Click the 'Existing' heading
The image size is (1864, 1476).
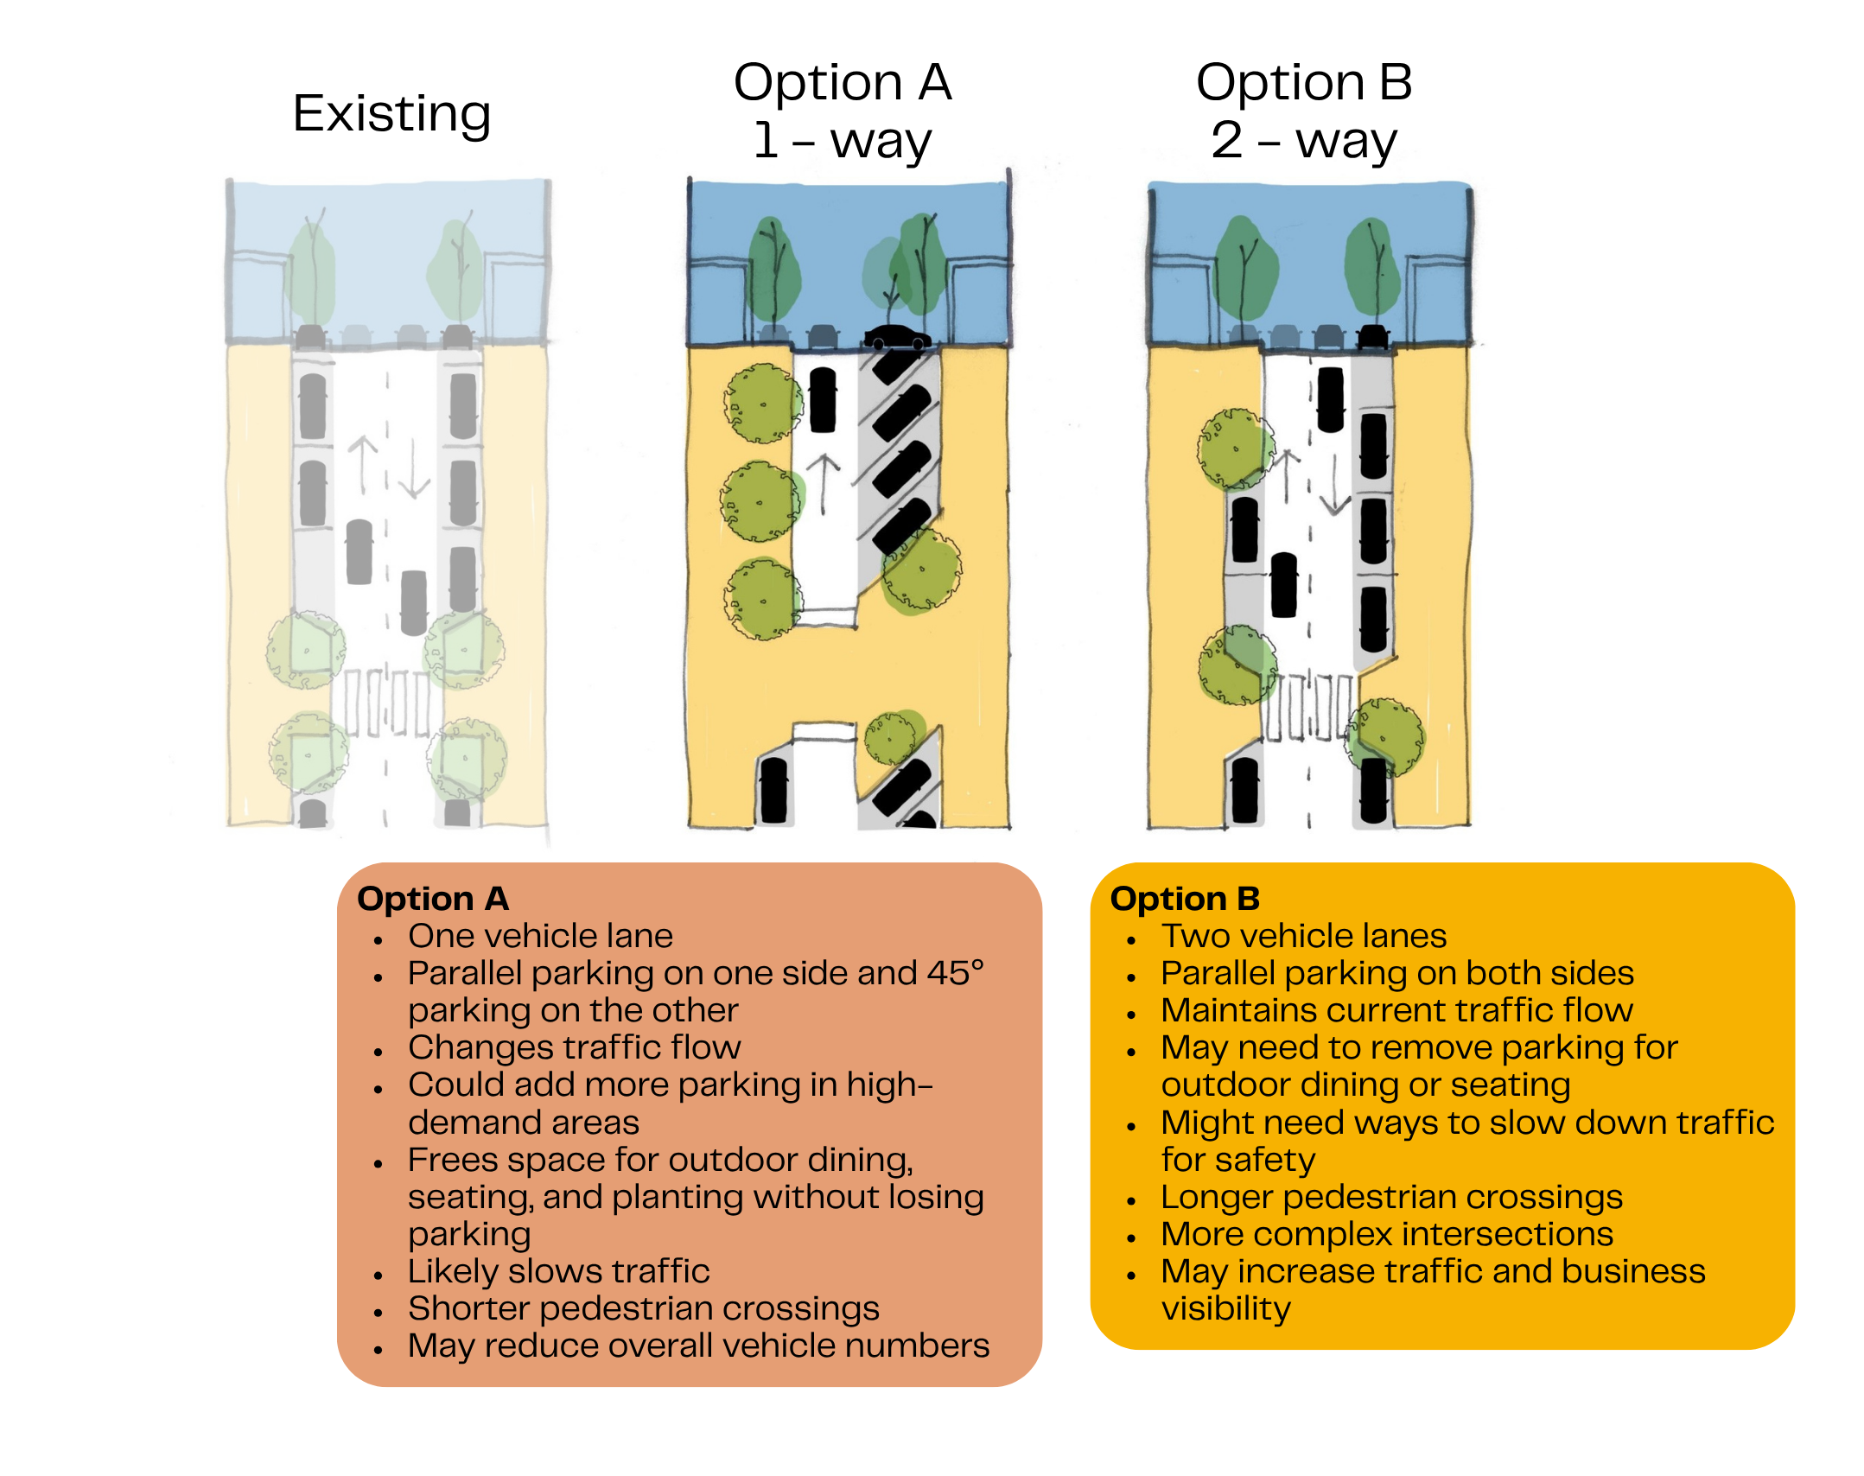[391, 114]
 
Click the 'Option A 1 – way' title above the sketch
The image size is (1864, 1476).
[843, 111]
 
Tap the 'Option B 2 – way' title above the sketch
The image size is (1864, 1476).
[1304, 111]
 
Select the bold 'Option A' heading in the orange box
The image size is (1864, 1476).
[433, 899]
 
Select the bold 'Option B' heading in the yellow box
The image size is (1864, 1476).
[1186, 899]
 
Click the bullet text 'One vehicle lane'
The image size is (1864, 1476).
[540, 936]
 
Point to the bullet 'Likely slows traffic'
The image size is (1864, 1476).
[559, 1271]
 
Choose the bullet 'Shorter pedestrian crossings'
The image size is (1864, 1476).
[644, 1308]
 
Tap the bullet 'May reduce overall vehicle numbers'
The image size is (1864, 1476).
[699, 1346]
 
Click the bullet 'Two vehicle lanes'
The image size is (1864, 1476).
[1304, 936]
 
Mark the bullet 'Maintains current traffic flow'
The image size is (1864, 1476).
[1397, 1010]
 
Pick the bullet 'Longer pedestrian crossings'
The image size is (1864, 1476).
[1392, 1197]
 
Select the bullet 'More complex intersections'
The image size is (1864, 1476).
[1387, 1234]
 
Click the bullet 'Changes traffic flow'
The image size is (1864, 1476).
[575, 1047]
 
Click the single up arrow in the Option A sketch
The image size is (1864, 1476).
[824, 484]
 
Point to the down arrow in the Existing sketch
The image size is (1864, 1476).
[414, 468]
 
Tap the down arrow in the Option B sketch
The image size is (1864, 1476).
[1335, 485]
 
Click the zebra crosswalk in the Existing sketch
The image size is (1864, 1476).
[386, 702]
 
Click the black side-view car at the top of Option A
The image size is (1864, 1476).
[898, 338]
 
